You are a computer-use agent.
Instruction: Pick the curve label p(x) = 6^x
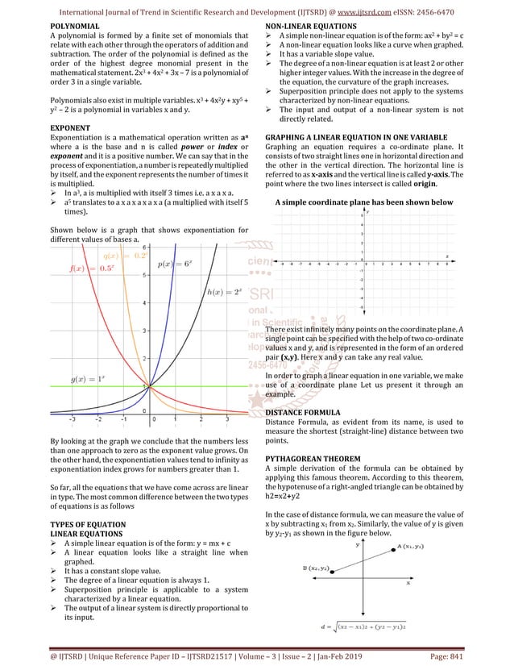174,264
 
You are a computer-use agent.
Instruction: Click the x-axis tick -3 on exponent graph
72,419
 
